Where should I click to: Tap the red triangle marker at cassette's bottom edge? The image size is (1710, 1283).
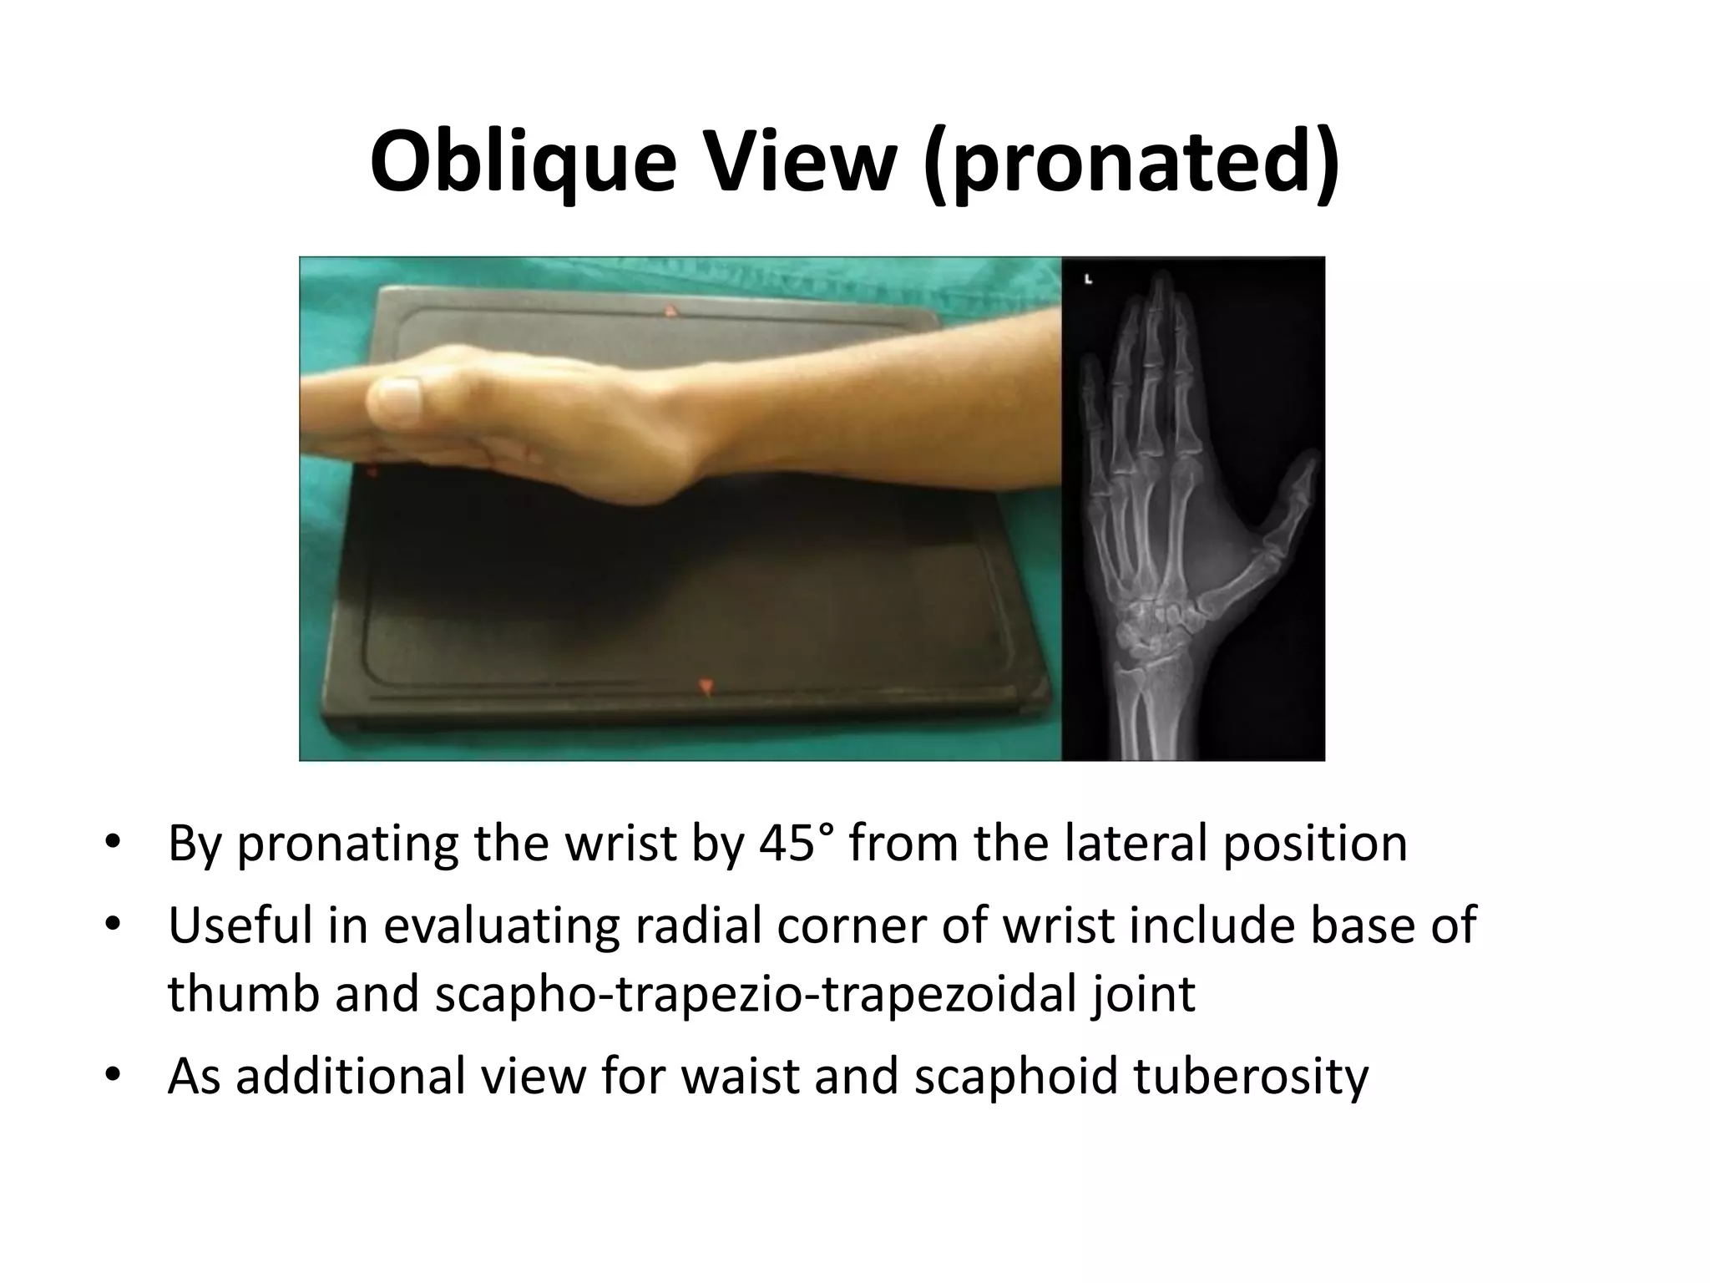pos(707,687)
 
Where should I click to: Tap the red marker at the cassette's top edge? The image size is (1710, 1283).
pos(670,312)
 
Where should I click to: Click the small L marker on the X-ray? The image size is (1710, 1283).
pos(1088,280)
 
